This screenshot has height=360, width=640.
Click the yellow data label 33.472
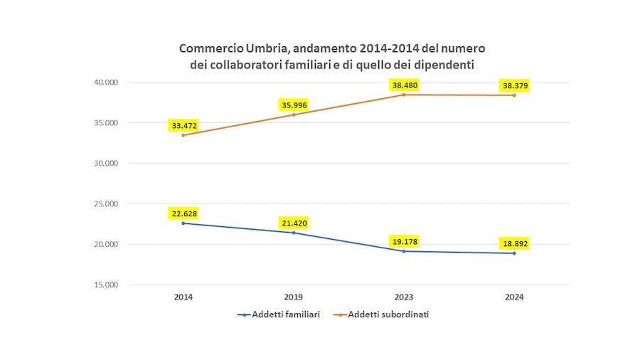pyautogui.click(x=183, y=125)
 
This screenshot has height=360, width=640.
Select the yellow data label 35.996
pyautogui.click(x=294, y=105)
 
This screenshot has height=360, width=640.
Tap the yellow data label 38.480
pyautogui.click(x=403, y=85)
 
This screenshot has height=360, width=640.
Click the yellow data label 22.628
pyautogui.click(x=183, y=213)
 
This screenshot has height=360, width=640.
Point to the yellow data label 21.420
pyautogui.click(x=294, y=223)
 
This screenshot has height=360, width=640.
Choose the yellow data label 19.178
pyautogui.click(x=403, y=240)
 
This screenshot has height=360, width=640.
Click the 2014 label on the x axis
pyautogui.click(x=183, y=297)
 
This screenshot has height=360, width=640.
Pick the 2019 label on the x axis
pyautogui.click(x=294, y=297)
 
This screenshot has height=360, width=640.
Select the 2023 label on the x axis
pyautogui.click(x=403, y=297)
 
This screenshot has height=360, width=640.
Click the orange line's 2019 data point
pyautogui.click(x=294, y=115)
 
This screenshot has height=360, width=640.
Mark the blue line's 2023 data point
pyautogui.click(x=403, y=251)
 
